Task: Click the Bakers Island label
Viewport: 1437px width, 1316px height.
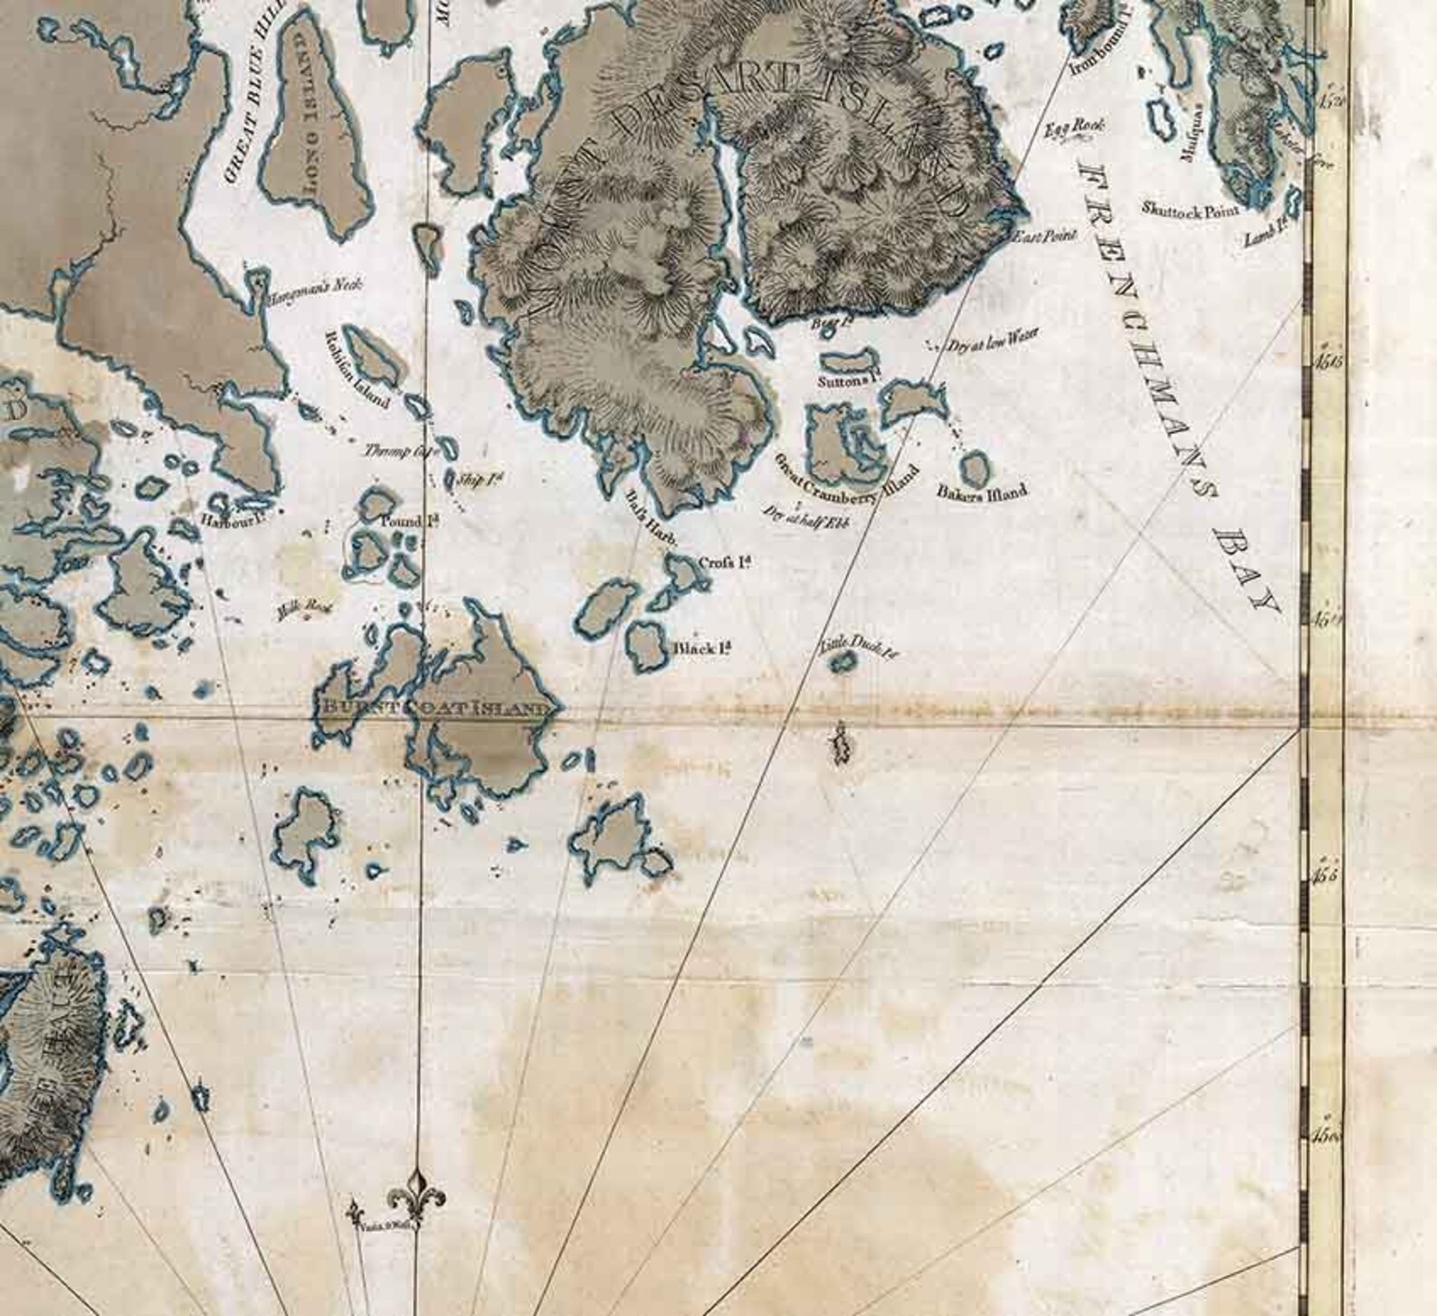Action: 982,493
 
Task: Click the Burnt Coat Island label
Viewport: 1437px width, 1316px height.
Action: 431,708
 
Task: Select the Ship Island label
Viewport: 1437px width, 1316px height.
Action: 481,478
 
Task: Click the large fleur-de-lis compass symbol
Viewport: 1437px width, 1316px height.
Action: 416,1192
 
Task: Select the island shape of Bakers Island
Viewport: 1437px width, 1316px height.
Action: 974,469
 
